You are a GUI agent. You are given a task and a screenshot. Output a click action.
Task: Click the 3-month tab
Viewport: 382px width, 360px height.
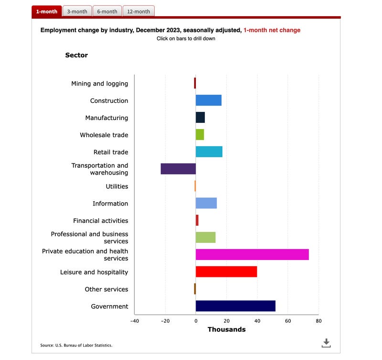[x=77, y=11]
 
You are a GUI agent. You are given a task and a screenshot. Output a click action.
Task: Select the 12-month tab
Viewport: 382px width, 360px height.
[x=138, y=11]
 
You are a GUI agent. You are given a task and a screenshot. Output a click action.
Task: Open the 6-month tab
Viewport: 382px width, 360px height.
[x=107, y=11]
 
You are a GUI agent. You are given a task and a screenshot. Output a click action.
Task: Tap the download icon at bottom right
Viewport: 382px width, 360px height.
[x=327, y=343]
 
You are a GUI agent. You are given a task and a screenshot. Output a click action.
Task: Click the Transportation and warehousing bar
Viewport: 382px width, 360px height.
[x=178, y=169]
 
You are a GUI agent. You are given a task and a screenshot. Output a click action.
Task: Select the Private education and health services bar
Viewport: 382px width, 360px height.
[x=252, y=254]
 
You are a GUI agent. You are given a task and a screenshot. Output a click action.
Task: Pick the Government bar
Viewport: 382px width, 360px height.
[x=235, y=306]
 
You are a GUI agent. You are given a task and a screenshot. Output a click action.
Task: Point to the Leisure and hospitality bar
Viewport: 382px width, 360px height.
[x=226, y=272]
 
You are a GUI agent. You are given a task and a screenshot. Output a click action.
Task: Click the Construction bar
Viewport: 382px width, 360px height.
[x=209, y=100]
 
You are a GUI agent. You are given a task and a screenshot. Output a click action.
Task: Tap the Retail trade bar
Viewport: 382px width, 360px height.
[x=209, y=152]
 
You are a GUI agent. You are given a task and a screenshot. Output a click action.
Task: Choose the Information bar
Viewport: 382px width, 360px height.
[x=206, y=203]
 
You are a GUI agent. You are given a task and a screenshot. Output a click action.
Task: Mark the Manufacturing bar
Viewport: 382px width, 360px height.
[x=200, y=118]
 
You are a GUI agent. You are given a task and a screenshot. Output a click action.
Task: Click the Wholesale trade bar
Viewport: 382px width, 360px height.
[x=200, y=135]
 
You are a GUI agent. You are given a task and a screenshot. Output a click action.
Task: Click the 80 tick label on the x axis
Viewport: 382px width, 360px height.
[x=318, y=321]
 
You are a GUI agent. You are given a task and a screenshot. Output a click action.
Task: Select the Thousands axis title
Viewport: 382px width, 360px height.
[x=226, y=329]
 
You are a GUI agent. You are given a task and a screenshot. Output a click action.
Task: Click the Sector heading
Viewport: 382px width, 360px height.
[x=76, y=55]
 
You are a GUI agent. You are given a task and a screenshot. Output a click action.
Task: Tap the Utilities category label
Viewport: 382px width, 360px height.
[x=117, y=186]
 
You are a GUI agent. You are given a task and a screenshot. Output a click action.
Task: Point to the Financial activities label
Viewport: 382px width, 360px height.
[x=101, y=221]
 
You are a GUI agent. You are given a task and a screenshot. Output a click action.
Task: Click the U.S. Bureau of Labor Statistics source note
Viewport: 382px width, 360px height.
[x=76, y=345]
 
